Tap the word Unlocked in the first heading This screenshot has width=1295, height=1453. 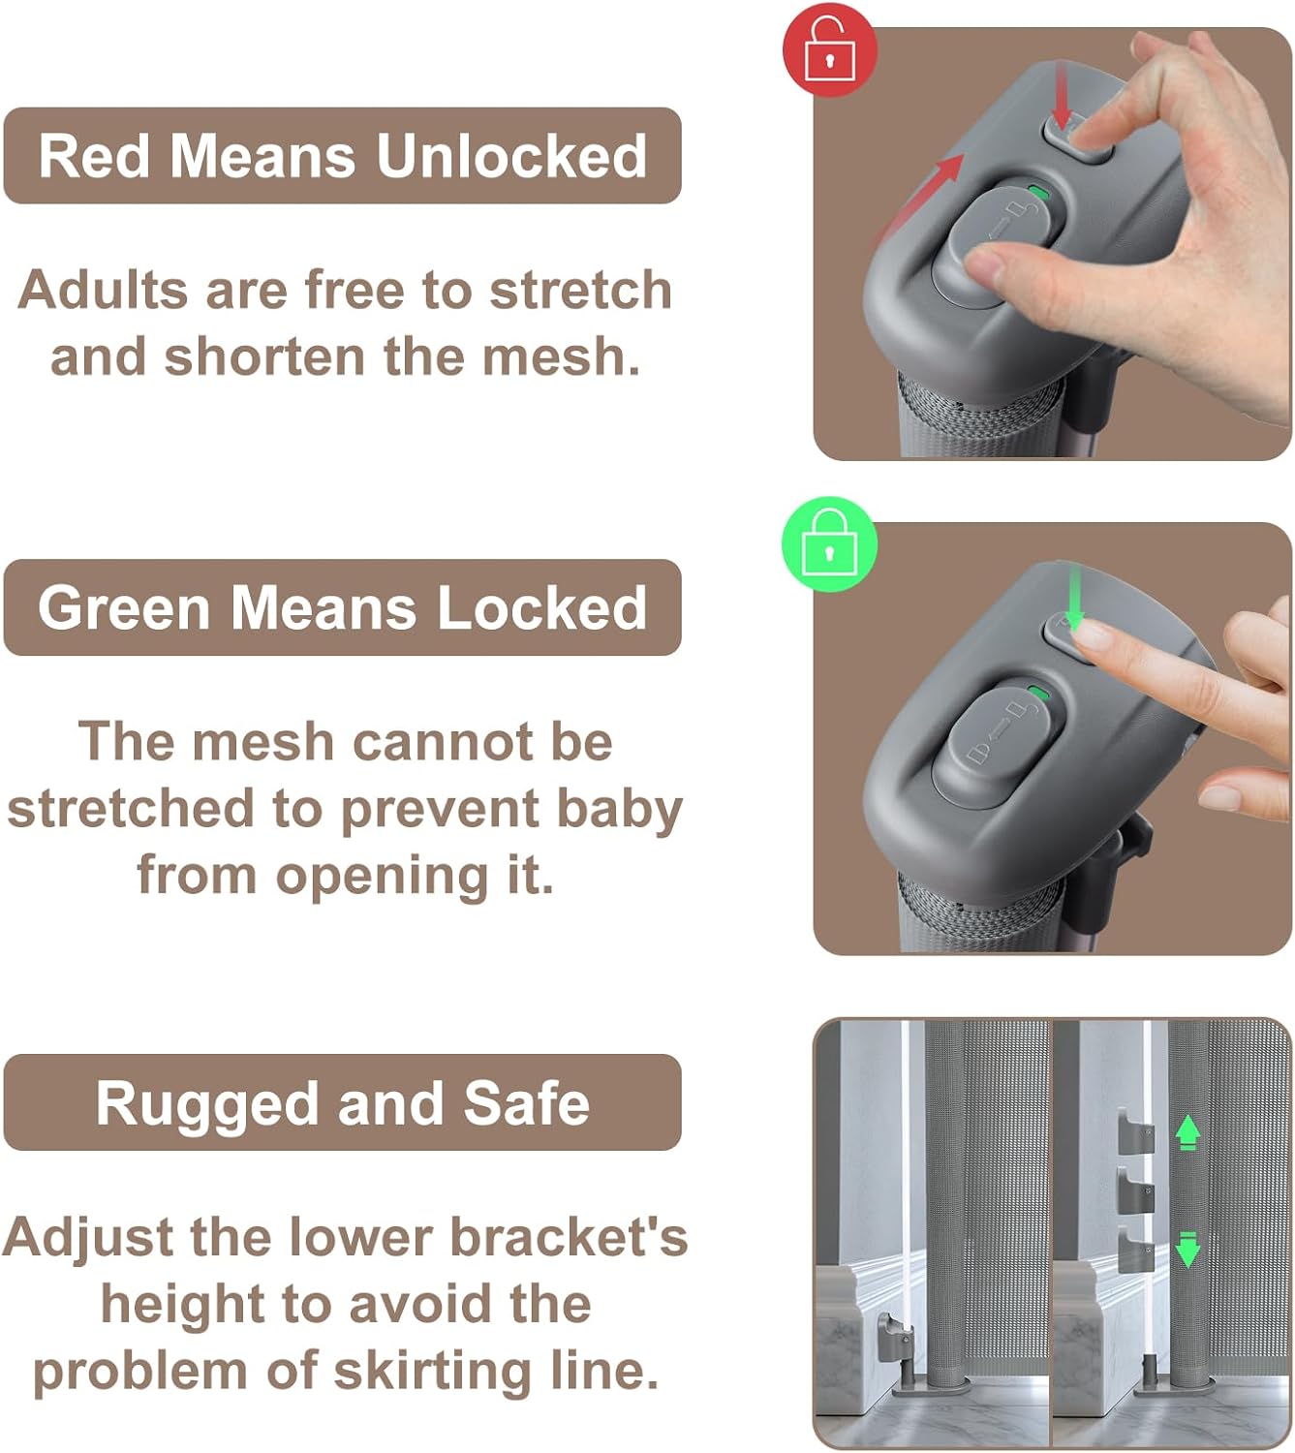pyautogui.click(x=511, y=156)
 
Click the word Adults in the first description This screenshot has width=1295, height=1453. pyautogui.click(x=103, y=290)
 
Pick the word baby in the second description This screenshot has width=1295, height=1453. pyautogui.click(x=620, y=809)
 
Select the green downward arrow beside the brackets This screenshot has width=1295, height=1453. pyautogui.click(x=1188, y=1250)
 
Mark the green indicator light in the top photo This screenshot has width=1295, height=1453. pyautogui.click(x=1039, y=193)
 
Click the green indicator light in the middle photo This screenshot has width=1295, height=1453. pyautogui.click(x=1039, y=694)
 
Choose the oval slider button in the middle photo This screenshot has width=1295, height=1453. pyautogui.click(x=999, y=746)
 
